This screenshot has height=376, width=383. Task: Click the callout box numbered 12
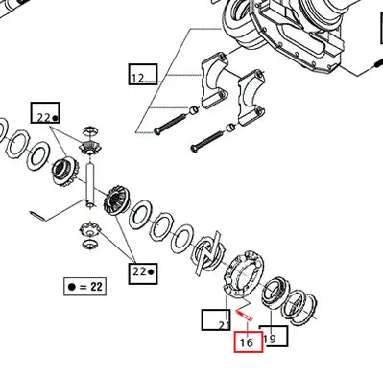143,75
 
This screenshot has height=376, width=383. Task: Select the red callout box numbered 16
249,341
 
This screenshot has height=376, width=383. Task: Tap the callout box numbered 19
275,337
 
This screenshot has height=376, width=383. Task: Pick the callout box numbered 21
216,319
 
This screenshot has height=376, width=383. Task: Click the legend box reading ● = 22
84,286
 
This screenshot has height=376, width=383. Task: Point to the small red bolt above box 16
245,316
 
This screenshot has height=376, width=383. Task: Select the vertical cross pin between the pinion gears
90,185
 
